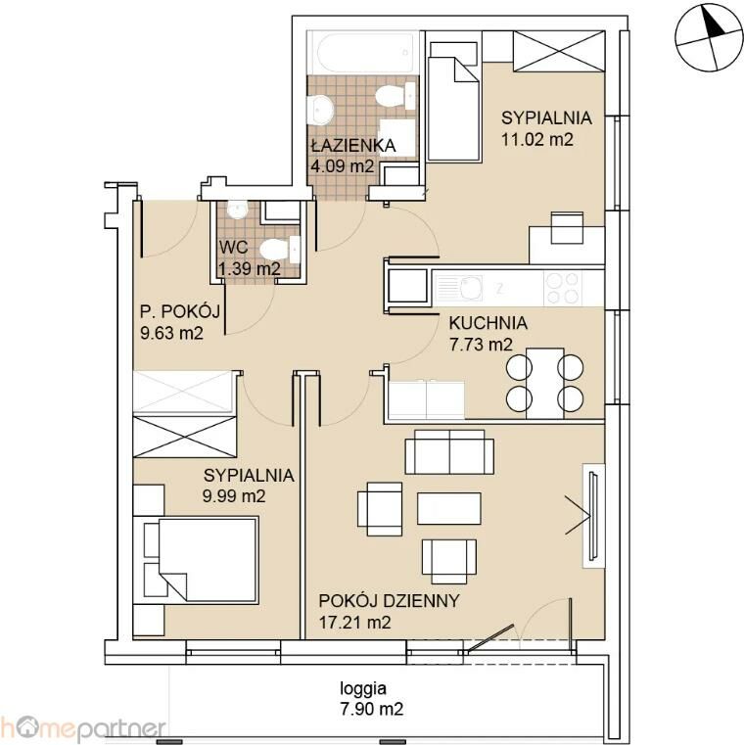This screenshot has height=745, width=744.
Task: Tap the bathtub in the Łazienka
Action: pyautogui.click(x=363, y=52)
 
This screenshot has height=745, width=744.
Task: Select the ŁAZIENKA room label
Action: pyautogui.click(x=353, y=146)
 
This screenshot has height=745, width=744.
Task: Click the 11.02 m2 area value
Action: pyautogui.click(x=537, y=139)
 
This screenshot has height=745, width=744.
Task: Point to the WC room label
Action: pyautogui.click(x=233, y=247)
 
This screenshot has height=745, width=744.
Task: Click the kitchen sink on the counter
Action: pyautogui.click(x=459, y=289)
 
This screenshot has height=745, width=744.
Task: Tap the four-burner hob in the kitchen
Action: pyautogui.click(x=563, y=288)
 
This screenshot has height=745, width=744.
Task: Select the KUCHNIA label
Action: pyautogui.click(x=488, y=323)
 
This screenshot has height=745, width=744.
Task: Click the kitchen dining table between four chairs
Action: pyautogui.click(x=545, y=384)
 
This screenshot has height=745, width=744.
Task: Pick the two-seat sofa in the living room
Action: pyautogui.click(x=449, y=452)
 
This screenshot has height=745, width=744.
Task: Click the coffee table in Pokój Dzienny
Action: pyautogui.click(x=449, y=508)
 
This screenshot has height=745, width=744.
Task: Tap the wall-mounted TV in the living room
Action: pyautogui.click(x=593, y=516)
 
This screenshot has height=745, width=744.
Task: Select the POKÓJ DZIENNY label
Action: pyautogui.click(x=389, y=601)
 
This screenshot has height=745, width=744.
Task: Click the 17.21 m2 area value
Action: pyautogui.click(x=354, y=622)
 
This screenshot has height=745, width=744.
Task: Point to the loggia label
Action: pyautogui.click(x=363, y=688)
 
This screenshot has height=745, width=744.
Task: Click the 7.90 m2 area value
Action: pyautogui.click(x=372, y=710)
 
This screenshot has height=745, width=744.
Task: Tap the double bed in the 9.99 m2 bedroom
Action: pyautogui.click(x=201, y=560)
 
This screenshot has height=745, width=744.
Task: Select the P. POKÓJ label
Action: pyautogui.click(x=180, y=311)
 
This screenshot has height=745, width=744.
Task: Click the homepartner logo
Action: pyautogui.click(x=83, y=728)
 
